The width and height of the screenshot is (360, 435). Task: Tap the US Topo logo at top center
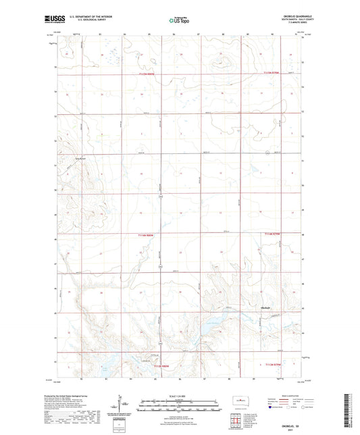click(179, 22)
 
